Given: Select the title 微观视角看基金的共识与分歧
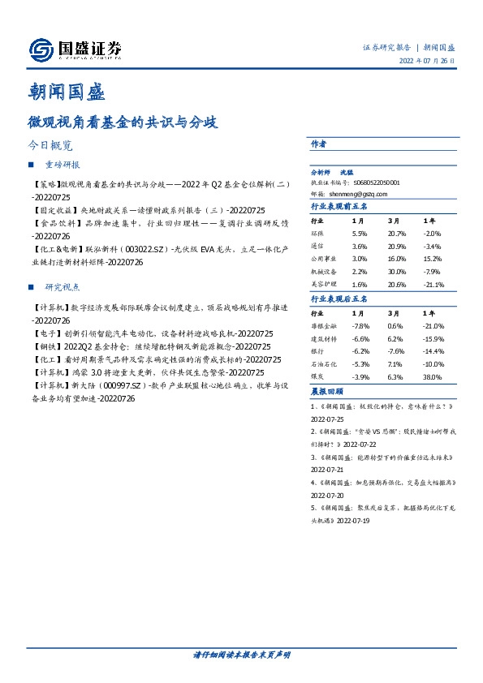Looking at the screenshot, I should (123, 123).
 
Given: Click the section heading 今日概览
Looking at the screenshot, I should (50, 147).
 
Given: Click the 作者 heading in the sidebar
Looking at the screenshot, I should (319, 144).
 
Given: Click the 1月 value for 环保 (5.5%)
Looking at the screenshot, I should (360, 232).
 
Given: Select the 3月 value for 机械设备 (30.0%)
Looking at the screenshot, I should (397, 272).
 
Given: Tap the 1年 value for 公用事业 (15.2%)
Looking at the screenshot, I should (433, 259).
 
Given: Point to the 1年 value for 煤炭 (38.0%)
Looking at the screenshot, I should (433, 377).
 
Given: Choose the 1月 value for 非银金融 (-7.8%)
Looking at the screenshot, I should (360, 325).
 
